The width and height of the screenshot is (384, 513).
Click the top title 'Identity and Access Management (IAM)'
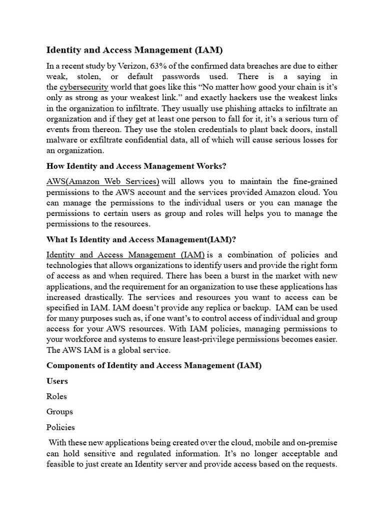(134, 50)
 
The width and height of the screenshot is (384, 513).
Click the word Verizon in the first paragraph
(129, 66)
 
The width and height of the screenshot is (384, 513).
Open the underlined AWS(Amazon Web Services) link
(103, 181)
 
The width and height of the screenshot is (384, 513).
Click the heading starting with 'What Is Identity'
(140, 239)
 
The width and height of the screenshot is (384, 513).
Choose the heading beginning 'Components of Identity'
(154, 366)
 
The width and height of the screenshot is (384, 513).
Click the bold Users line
(57, 381)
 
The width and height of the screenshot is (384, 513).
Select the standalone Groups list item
(59, 412)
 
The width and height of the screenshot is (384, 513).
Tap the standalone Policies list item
(60, 427)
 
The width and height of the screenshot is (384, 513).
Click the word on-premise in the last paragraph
(315, 443)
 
